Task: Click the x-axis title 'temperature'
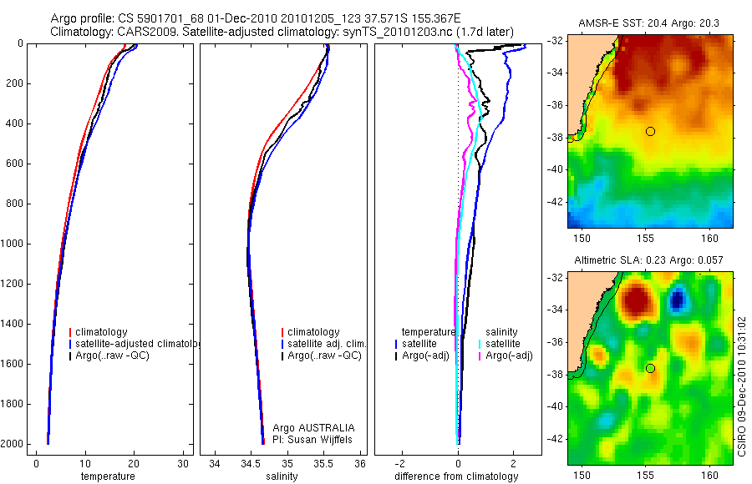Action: pyautogui.click(x=108, y=476)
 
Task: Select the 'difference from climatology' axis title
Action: pyautogui.click(x=456, y=476)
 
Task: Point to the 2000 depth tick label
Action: pyautogui.click(x=11, y=444)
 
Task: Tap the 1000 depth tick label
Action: pyautogui.click(x=11, y=244)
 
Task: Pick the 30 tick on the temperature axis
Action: pyautogui.click(x=183, y=463)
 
